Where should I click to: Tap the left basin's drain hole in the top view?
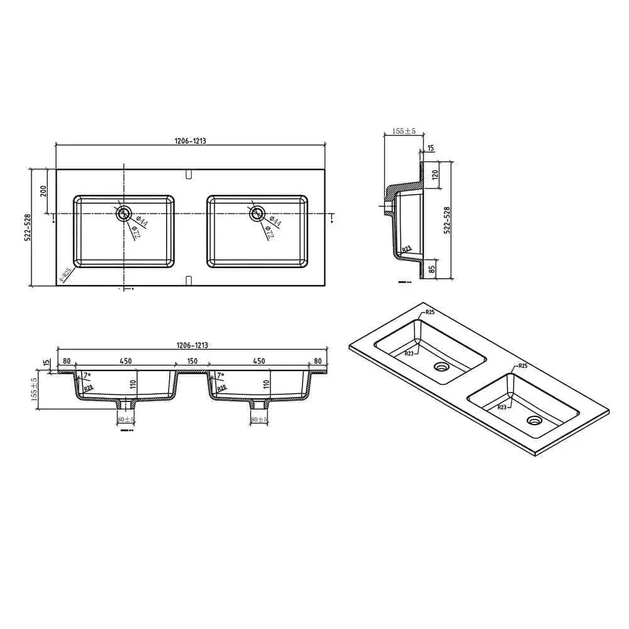pos(123,213)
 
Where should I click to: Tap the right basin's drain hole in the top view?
pos(256,213)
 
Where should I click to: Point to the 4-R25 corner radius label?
pos(65,274)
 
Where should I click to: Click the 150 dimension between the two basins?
pos(192,361)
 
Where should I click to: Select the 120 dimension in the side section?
pos(435,175)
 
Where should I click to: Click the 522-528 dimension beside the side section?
pos(447,221)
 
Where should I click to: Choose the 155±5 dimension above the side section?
pos(404,131)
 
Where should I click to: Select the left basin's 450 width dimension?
pos(125,361)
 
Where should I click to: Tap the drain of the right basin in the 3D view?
pos(535,420)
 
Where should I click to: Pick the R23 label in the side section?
pos(408,249)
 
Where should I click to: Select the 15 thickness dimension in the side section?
pos(430,148)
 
